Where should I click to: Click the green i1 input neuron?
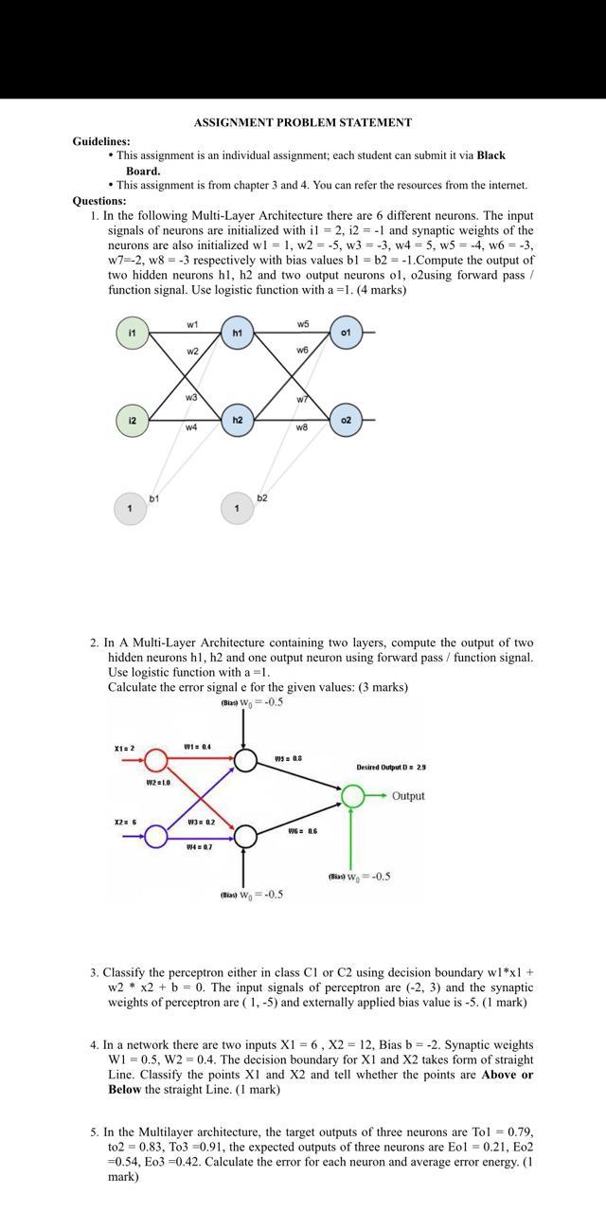[x=133, y=333]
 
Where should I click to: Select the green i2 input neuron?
[x=133, y=420]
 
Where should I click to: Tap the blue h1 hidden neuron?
[x=238, y=333]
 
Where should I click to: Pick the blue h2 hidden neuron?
[x=238, y=420]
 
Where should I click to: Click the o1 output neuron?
[x=346, y=333]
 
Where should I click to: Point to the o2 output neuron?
[x=346, y=420]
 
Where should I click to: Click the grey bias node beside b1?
[x=131, y=509]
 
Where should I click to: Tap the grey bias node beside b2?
[x=237, y=509]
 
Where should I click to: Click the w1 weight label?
[x=192, y=324]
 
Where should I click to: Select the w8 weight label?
[x=301, y=428]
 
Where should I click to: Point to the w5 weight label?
[x=302, y=324]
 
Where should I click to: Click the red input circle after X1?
[x=156, y=760]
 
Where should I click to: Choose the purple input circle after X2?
[x=156, y=836]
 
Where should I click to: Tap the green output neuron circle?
[x=352, y=796]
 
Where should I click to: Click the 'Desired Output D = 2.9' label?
[x=390, y=767]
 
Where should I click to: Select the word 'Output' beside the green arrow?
[x=408, y=796]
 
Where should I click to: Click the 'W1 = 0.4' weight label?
[x=197, y=747]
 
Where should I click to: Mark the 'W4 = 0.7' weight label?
[x=199, y=846]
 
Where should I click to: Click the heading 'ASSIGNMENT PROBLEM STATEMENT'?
[x=303, y=122]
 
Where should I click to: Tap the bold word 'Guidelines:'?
[x=101, y=141]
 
